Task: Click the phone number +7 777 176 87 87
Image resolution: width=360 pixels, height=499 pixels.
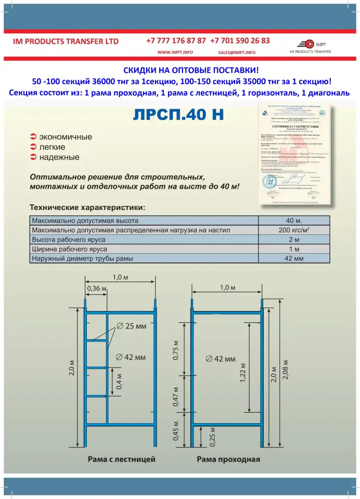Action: point(176,41)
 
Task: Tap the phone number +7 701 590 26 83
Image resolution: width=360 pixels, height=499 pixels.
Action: point(240,41)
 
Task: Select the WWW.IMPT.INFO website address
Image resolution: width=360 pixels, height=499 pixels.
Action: point(175,52)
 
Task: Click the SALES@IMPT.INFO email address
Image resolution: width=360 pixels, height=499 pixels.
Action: point(237,52)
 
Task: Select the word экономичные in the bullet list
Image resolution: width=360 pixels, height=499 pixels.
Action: point(66,137)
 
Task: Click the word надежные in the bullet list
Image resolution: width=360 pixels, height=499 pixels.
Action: point(59,156)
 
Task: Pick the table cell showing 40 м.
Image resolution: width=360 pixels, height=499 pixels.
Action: point(294,220)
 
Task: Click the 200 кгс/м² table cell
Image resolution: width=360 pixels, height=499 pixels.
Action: point(294,230)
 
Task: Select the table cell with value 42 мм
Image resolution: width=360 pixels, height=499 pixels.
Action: point(294,258)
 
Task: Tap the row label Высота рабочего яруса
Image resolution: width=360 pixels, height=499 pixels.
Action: point(69,240)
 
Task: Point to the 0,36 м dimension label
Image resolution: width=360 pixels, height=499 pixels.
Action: point(96,288)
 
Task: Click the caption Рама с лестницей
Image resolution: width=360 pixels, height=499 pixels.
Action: point(121,459)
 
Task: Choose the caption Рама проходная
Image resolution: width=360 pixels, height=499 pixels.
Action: point(228,459)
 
